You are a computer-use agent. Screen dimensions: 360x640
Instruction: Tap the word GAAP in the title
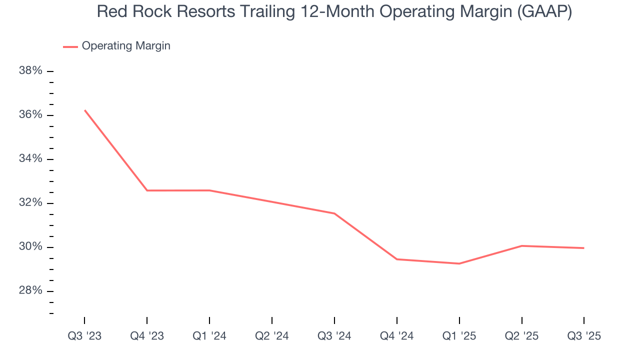pos(544,12)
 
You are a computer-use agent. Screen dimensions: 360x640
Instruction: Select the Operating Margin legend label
pos(126,46)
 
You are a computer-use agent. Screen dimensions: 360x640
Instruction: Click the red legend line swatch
pos(70,46)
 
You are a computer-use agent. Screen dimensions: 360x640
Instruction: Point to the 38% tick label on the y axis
pos(30,70)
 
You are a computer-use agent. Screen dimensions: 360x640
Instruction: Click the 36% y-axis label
pos(30,114)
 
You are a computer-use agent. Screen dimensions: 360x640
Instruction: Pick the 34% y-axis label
pos(30,158)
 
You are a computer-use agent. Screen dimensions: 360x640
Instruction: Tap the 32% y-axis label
pos(30,202)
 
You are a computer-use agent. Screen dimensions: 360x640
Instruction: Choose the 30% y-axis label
pos(30,246)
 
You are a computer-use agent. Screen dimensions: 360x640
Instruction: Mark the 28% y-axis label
pos(30,290)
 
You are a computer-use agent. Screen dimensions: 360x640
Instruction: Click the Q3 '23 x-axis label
pos(84,336)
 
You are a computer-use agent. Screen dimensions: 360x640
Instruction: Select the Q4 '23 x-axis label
pos(147,336)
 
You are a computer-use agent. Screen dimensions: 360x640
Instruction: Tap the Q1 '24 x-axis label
pos(209,336)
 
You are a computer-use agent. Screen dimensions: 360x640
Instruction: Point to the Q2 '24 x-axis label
pos(272,336)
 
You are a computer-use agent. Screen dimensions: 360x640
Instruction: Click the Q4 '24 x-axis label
pos(397,336)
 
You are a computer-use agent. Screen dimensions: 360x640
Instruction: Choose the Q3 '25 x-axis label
pos(584,336)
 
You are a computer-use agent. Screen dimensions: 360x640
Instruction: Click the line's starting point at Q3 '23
pos(85,110)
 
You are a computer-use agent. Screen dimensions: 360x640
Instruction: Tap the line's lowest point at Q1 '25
pos(459,263)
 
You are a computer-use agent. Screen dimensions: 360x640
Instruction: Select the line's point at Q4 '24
pos(397,259)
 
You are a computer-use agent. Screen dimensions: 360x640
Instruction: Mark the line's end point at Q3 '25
pos(583,248)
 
